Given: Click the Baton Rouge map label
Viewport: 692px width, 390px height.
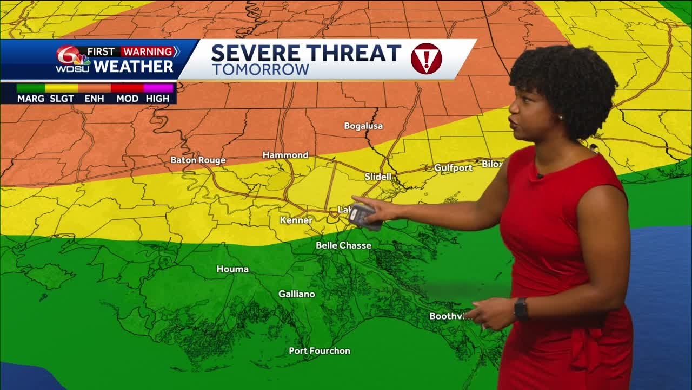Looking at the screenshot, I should pos(198,160).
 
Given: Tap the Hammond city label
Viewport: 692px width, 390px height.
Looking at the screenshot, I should pos(285,155).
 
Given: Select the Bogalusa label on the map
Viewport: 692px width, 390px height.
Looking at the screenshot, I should pos(363,126).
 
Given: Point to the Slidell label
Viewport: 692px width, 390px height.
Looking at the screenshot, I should pos(378,177).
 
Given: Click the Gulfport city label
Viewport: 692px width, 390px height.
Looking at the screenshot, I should pos(453,168).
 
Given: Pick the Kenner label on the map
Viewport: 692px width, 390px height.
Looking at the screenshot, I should pos(296,220).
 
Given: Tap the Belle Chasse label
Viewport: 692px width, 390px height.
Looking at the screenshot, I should pos(343,246).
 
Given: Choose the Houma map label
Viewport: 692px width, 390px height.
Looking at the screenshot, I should pos(232,269).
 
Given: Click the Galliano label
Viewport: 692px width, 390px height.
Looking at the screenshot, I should pos(297,294).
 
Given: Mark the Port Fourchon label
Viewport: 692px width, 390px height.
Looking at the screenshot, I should pos(320,351).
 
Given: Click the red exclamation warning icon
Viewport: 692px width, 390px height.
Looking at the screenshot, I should pos(426,58).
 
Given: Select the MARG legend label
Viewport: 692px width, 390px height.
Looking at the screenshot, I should pos(31,99).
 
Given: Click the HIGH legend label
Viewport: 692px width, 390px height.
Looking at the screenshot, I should pos(157,99).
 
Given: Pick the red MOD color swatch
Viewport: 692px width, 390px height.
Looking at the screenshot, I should pos(127,88).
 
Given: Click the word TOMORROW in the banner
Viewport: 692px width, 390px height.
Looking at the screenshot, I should pos(260,70).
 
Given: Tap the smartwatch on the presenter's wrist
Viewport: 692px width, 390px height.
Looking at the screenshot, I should pos(521,309).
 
